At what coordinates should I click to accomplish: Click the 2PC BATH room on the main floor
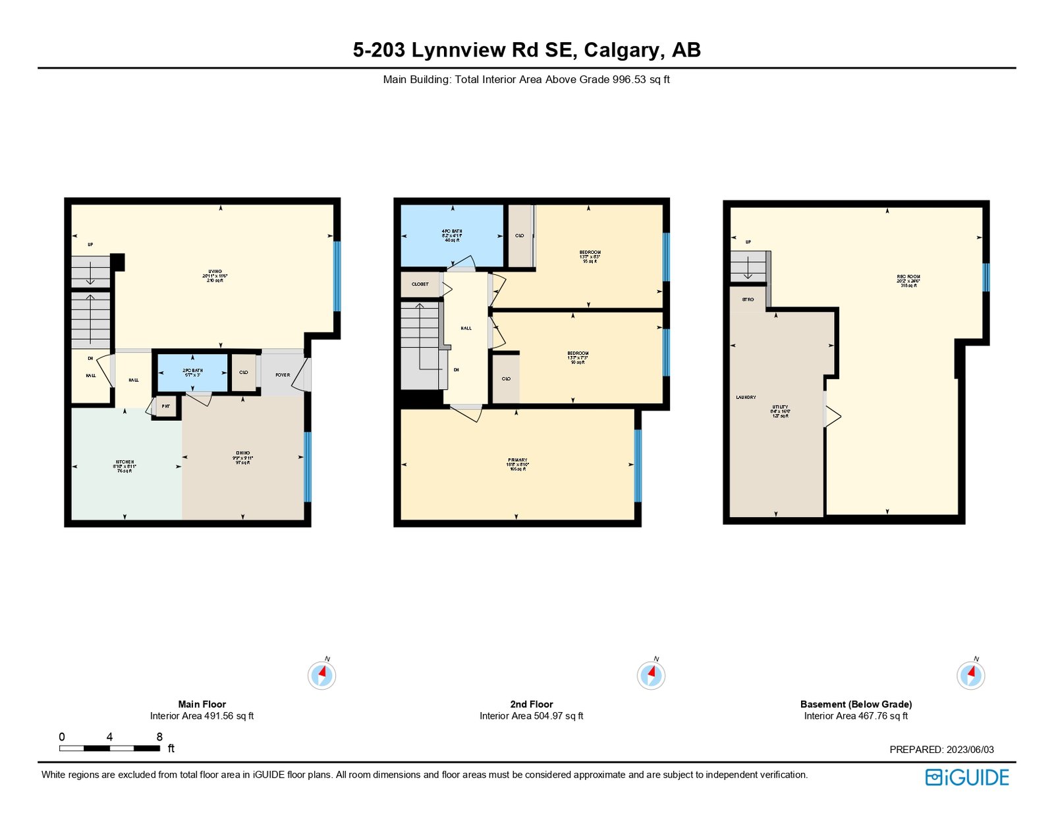193,373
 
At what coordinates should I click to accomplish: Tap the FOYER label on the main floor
283,375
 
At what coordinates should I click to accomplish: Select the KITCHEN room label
125,466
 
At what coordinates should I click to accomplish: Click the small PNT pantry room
166,406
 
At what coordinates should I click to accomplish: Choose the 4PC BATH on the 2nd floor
452,235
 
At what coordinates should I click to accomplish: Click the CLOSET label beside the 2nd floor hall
420,284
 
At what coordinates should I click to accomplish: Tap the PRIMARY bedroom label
518,464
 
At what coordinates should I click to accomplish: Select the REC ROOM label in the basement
908,281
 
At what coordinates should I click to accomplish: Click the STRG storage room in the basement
748,299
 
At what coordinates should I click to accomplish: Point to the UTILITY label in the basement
780,411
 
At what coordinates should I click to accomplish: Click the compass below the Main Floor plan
322,675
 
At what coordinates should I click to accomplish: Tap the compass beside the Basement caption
970,675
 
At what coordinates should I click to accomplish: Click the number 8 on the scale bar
159,737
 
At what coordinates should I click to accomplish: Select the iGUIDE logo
967,777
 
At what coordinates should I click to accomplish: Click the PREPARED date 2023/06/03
970,749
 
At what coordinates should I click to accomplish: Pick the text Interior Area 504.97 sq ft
531,715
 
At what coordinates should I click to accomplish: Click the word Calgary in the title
624,50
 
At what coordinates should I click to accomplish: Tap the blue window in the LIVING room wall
337,276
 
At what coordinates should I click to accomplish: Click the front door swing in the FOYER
302,375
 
